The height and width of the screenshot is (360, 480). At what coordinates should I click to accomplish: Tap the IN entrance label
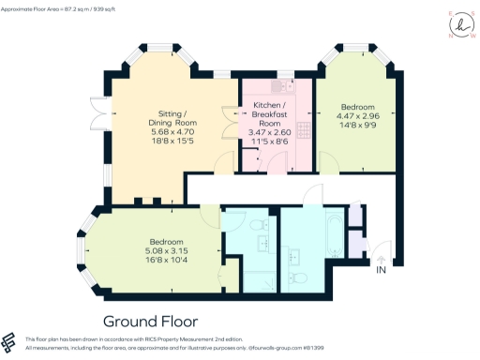tap(381, 270)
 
